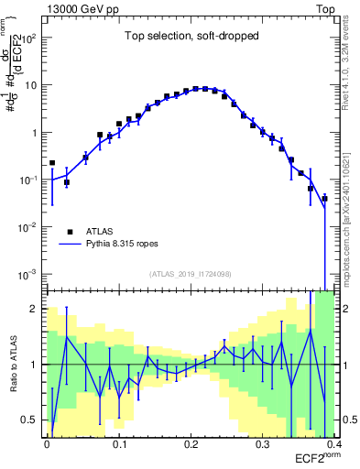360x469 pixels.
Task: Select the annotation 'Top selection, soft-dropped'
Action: pos(191,37)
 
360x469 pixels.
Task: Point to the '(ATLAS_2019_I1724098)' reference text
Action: pos(191,274)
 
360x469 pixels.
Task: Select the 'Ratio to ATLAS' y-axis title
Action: pos(14,364)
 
